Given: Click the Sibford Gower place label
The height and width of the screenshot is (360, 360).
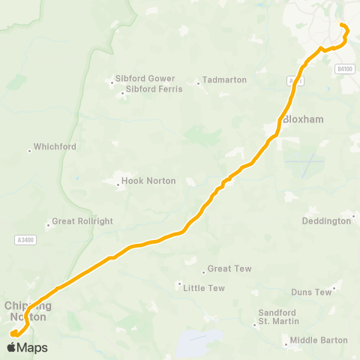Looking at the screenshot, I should point(145,78).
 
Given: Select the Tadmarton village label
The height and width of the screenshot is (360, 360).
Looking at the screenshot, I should point(225,79).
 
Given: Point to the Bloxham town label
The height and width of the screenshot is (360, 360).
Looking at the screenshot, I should point(302,119).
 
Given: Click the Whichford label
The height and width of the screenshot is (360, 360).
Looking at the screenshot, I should point(55,146).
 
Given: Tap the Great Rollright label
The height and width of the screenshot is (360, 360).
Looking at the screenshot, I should point(73,223).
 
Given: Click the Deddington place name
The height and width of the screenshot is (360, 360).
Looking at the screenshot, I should point(325,220).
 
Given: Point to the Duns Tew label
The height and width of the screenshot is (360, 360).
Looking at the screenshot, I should point(311,292).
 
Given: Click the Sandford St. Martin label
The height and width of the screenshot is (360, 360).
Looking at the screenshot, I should point(277,316).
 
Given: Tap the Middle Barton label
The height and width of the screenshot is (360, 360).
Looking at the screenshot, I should point(319,340).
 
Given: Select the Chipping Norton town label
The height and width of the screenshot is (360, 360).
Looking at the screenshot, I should point(28,311).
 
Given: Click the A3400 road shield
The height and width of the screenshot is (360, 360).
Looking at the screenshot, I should point(25,239).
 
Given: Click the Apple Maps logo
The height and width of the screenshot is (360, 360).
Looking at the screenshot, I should point(28,347).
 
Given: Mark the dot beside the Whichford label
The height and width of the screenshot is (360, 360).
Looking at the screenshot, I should point(29,150).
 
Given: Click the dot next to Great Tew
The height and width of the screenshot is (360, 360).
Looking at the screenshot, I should point(203,271).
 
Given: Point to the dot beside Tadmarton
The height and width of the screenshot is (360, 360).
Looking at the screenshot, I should point(198,83).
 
